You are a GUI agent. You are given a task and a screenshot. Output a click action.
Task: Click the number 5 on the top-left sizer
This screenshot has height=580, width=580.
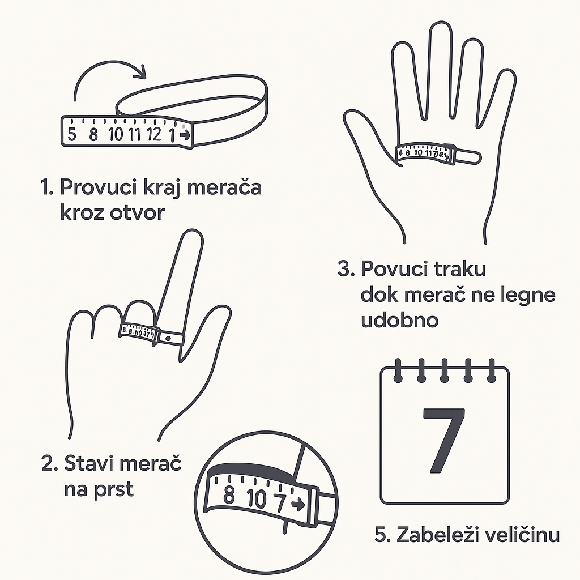pyautogui.click(x=72, y=135)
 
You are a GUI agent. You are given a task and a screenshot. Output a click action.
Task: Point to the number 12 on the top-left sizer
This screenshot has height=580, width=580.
pyautogui.click(x=153, y=135)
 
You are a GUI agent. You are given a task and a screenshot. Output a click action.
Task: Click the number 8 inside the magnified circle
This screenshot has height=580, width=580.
pyautogui.click(x=229, y=494)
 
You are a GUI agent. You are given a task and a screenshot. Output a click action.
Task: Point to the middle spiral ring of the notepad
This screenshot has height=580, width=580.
pyautogui.click(x=444, y=368)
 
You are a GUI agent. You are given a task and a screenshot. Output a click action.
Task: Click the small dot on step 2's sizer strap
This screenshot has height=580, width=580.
pyautogui.click(x=168, y=338)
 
